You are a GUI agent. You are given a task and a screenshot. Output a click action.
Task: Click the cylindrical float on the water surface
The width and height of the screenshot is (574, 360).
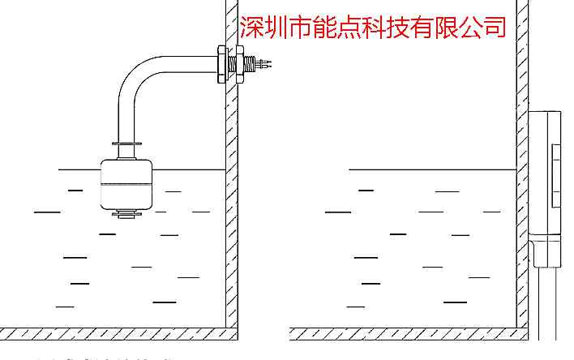[x=125, y=183]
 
